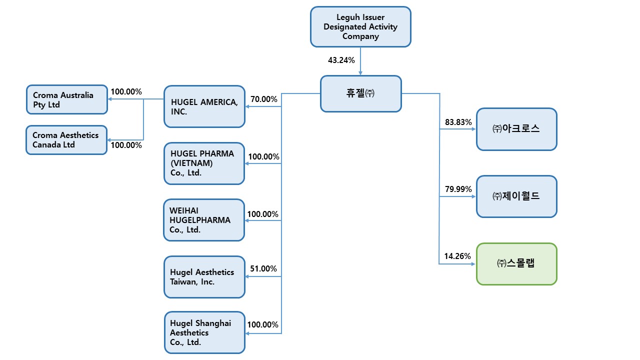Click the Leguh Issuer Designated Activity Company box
pyautogui.click(x=360, y=26)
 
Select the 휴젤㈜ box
pyautogui.click(x=360, y=93)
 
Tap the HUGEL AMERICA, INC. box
pyautogui.click(x=204, y=106)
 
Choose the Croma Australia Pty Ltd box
pyautogui.click(x=66, y=99)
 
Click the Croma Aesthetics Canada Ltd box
pyautogui.click(x=66, y=140)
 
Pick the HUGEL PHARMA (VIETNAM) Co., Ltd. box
pyautogui.click(x=204, y=163)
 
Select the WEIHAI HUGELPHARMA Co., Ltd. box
pyautogui.click(x=204, y=220)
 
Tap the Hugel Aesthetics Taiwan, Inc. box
pyautogui.click(x=204, y=277)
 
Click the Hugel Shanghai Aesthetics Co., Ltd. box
pyautogui.click(x=204, y=332)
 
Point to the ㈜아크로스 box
pyautogui.click(x=516, y=129)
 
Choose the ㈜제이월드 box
pyautogui.click(x=516, y=196)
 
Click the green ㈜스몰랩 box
pyautogui.click(x=516, y=264)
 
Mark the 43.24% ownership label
pyautogui.click(x=341, y=60)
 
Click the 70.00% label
pyautogui.click(x=264, y=99)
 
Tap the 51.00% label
pyautogui.click(x=263, y=268)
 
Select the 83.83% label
pyautogui.click(x=458, y=122)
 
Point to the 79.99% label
pyautogui.click(x=458, y=189)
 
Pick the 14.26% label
pyautogui.click(x=457, y=256)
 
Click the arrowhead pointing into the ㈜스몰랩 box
pyautogui.click(x=473, y=264)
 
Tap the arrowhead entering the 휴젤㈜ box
pyautogui.click(x=360, y=73)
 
